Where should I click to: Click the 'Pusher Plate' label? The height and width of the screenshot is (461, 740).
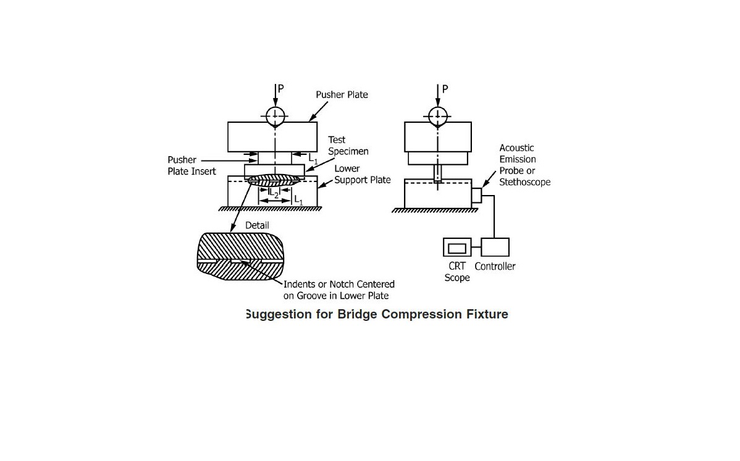pyautogui.click(x=342, y=95)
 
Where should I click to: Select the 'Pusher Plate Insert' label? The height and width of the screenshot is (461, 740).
pyautogui.click(x=191, y=165)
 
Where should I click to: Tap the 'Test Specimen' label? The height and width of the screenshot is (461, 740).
pyautogui.click(x=348, y=146)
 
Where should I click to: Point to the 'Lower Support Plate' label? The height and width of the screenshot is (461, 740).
pyautogui.click(x=362, y=174)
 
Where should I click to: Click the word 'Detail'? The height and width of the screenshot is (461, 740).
pyautogui.click(x=257, y=225)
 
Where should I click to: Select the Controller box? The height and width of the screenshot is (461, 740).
pyautogui.click(x=495, y=247)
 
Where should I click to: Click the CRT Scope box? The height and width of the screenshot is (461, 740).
pyautogui.click(x=457, y=247)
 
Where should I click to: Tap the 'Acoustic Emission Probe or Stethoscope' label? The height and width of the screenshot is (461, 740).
pyautogui.click(x=524, y=165)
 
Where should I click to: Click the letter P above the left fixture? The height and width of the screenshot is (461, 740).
pyautogui.click(x=281, y=89)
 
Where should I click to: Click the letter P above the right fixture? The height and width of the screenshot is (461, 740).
pyautogui.click(x=445, y=89)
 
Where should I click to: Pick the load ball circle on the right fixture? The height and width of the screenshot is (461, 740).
pyautogui.click(x=438, y=116)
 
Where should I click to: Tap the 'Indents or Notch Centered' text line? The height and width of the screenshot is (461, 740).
pyautogui.click(x=338, y=284)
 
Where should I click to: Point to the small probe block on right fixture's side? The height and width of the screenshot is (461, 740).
pyautogui.click(x=476, y=196)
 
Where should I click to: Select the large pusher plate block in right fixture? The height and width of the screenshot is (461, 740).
pyautogui.click(x=438, y=137)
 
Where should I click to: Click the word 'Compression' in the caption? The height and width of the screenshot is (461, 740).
pyautogui.click(x=421, y=314)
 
